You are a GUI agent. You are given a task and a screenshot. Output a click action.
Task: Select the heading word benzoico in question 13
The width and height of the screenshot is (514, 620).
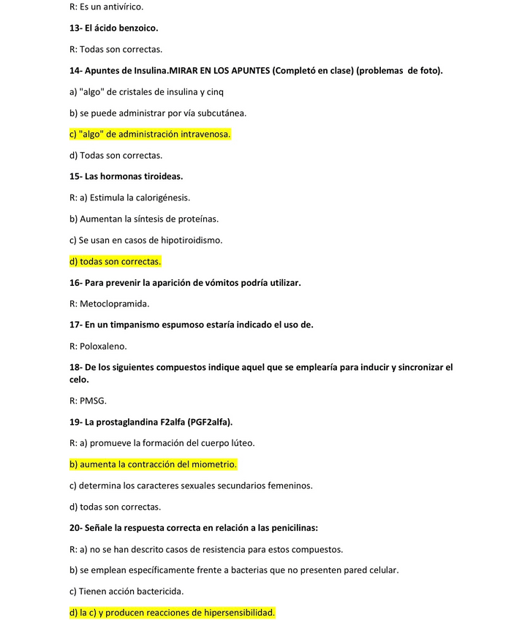pyautogui.click(x=136, y=28)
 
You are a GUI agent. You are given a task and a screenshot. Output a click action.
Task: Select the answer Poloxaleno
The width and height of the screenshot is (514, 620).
pyautogui.click(x=103, y=346)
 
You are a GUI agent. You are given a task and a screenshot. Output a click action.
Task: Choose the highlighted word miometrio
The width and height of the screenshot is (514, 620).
pyautogui.click(x=212, y=464)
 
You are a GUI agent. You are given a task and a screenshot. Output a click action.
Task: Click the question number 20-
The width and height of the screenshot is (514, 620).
pyautogui.click(x=75, y=527)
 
